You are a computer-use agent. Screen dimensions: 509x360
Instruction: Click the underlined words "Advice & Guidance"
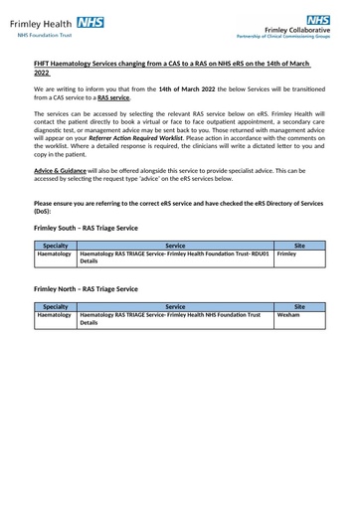coord(58,171)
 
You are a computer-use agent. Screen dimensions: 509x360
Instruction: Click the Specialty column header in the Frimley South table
coord(56,245)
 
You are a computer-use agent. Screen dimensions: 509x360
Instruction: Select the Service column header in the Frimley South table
coord(175,245)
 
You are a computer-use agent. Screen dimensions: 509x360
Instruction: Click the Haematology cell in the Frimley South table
coord(55,254)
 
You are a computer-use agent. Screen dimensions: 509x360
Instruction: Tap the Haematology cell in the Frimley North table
coord(55,315)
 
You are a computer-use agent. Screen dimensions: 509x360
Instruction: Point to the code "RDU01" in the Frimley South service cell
coord(258,254)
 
